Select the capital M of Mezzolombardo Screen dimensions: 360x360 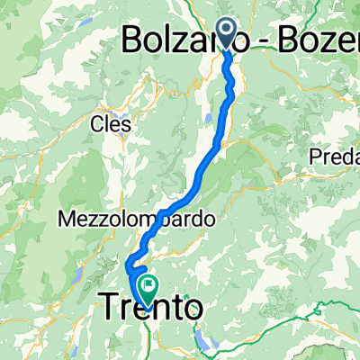[64, 219]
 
